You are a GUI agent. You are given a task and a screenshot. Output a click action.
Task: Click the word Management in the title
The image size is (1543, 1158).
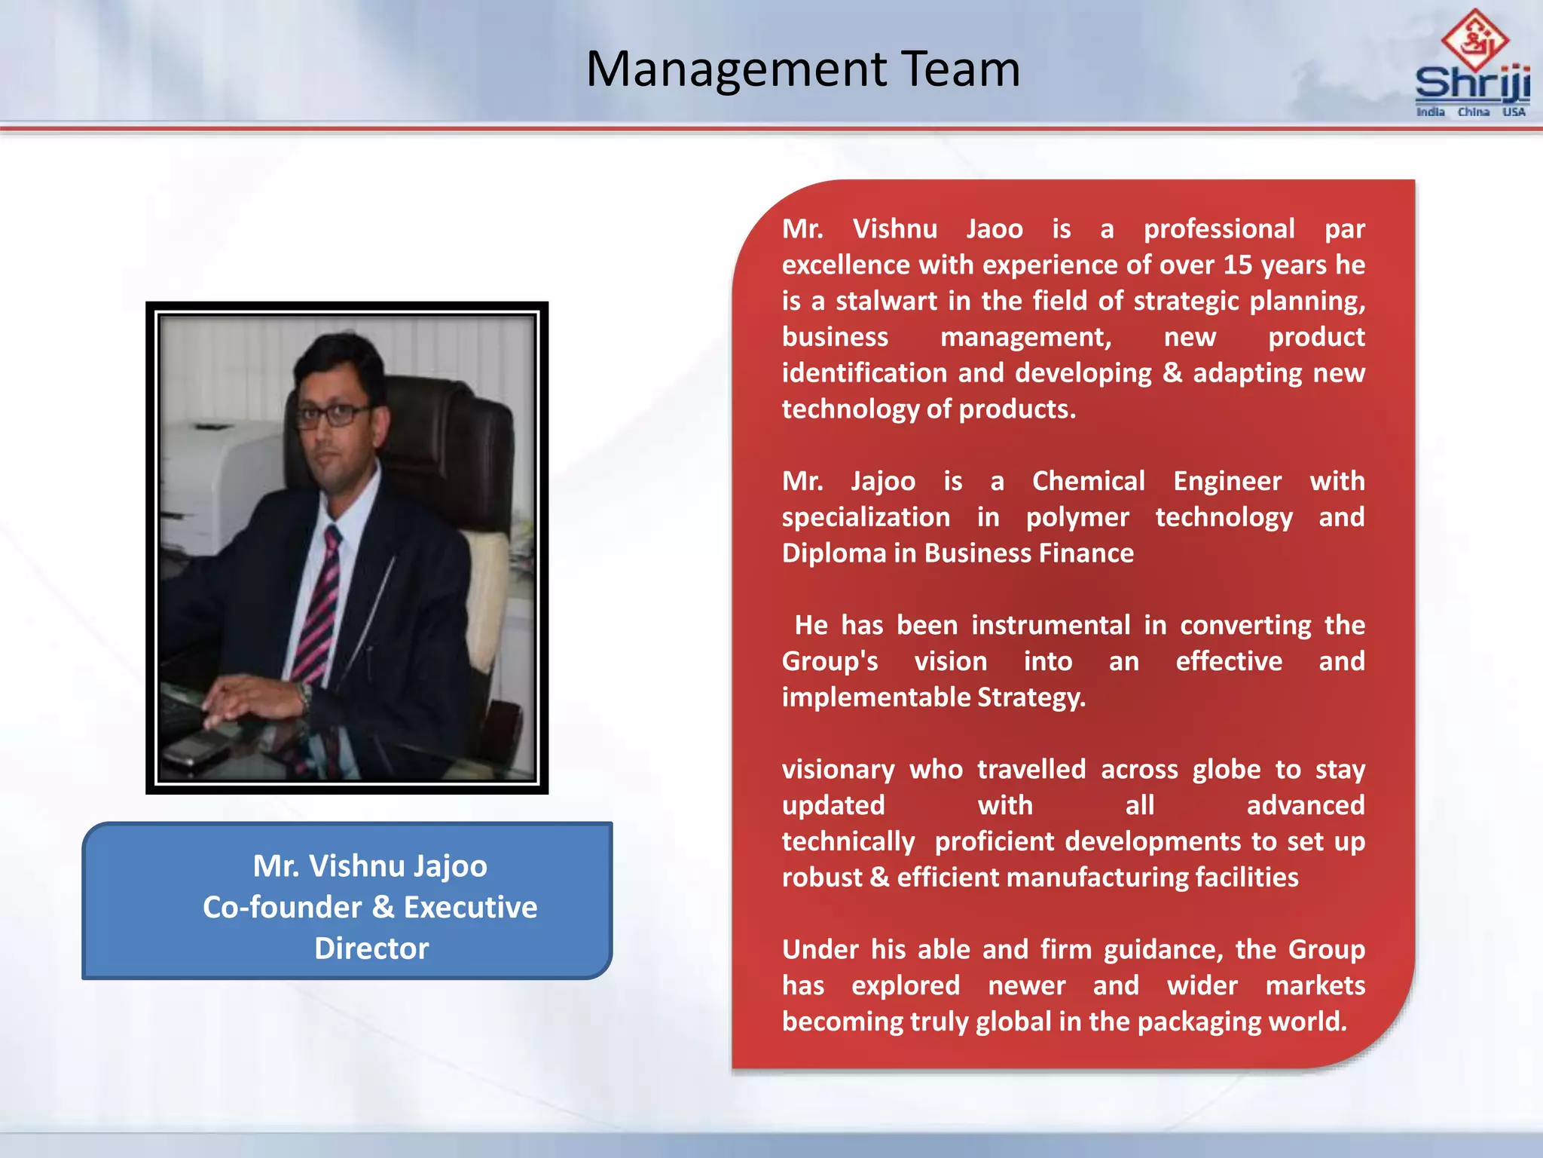tap(737, 69)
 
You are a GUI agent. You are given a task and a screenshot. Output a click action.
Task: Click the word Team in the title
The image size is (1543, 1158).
tap(960, 69)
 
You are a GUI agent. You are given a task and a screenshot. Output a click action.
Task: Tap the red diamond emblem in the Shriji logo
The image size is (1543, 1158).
tap(1474, 39)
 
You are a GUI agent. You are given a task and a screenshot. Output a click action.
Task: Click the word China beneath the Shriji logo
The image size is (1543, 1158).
tap(1473, 112)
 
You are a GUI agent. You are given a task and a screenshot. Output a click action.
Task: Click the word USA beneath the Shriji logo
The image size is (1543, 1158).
tap(1514, 112)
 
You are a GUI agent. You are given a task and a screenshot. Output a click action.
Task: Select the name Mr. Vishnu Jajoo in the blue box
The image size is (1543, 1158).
tap(370, 865)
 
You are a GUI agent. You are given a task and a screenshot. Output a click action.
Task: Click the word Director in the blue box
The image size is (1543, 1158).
tap(371, 948)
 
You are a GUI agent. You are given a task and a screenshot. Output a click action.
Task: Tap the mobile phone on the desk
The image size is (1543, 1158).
tap(194, 748)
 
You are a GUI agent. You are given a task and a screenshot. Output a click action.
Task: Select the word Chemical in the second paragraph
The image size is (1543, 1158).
tap(1088, 481)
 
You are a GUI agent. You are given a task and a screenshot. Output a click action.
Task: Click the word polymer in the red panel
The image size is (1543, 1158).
tap(1077, 517)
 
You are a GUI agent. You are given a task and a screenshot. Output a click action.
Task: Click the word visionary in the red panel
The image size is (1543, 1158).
tap(838, 769)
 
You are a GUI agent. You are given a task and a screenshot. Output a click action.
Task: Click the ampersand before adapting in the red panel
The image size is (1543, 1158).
tap(1172, 372)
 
